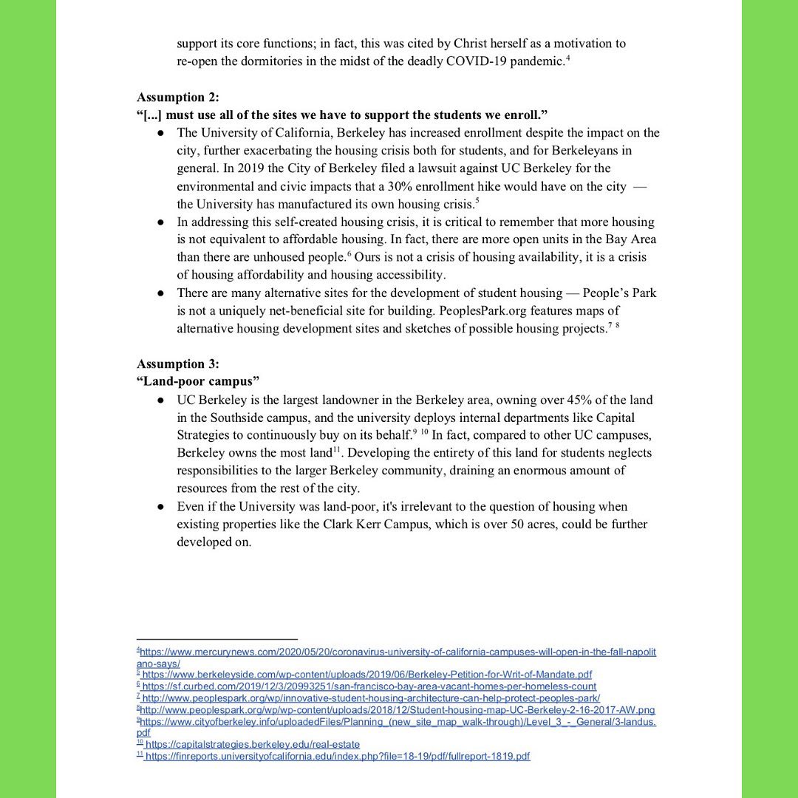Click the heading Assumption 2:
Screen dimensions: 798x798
coord(178,98)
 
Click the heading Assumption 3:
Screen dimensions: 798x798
coord(178,364)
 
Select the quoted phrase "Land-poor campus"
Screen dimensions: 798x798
coord(198,382)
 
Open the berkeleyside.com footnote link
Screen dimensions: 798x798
coord(366,675)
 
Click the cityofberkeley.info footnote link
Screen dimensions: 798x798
coord(398,721)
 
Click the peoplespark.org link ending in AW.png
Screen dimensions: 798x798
coord(398,709)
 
